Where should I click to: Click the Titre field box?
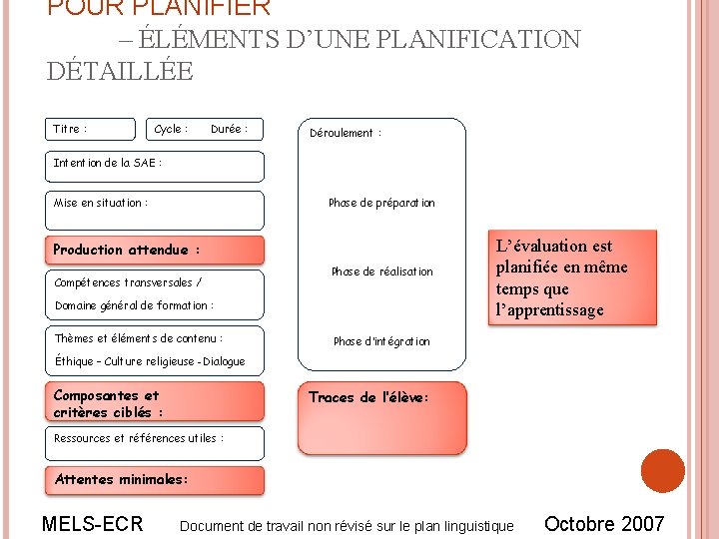pos(91,129)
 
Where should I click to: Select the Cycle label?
pos(171,129)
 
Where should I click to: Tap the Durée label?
pos(229,129)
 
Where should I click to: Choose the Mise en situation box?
pos(156,210)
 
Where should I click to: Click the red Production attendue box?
pos(156,250)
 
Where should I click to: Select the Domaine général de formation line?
pos(134,305)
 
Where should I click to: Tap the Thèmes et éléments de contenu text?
pos(139,339)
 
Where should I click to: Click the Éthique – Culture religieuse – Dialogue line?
pos(150,361)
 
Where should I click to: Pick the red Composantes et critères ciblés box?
pos(156,403)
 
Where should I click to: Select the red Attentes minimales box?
pos(156,480)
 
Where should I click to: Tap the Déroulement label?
pos(346,133)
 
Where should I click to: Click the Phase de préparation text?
pos(381,203)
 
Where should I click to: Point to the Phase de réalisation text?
pos(381,271)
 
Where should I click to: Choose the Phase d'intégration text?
pos(381,341)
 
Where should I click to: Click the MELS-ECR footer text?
pos(93,524)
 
